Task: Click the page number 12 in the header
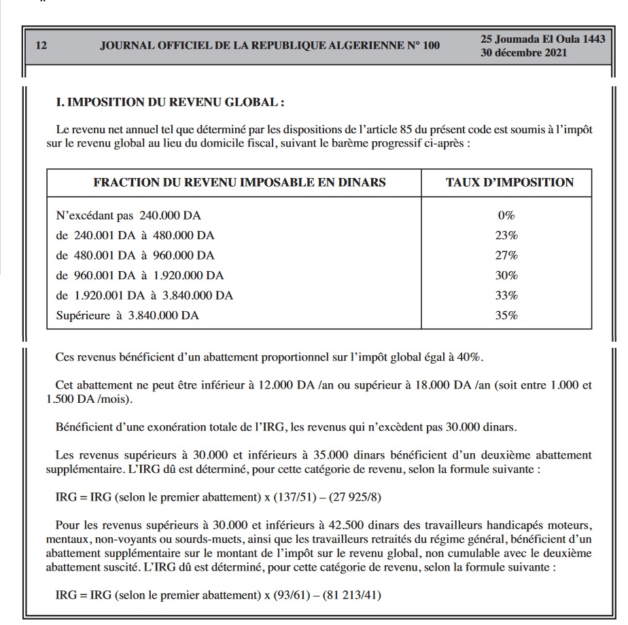[x=41, y=46]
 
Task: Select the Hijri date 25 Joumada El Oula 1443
[x=542, y=39]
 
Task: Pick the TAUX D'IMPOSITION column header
[x=509, y=182]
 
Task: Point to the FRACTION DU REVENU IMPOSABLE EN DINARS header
[x=239, y=182]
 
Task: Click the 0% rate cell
[x=506, y=216]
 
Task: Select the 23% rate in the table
[x=507, y=236]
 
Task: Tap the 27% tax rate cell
[x=507, y=255]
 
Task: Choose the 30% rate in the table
[x=507, y=275]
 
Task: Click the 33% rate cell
[x=507, y=296]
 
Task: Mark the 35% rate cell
[x=507, y=315]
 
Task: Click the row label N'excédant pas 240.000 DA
[x=128, y=216]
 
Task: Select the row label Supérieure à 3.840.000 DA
[x=128, y=315]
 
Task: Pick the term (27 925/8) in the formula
[x=355, y=497]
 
